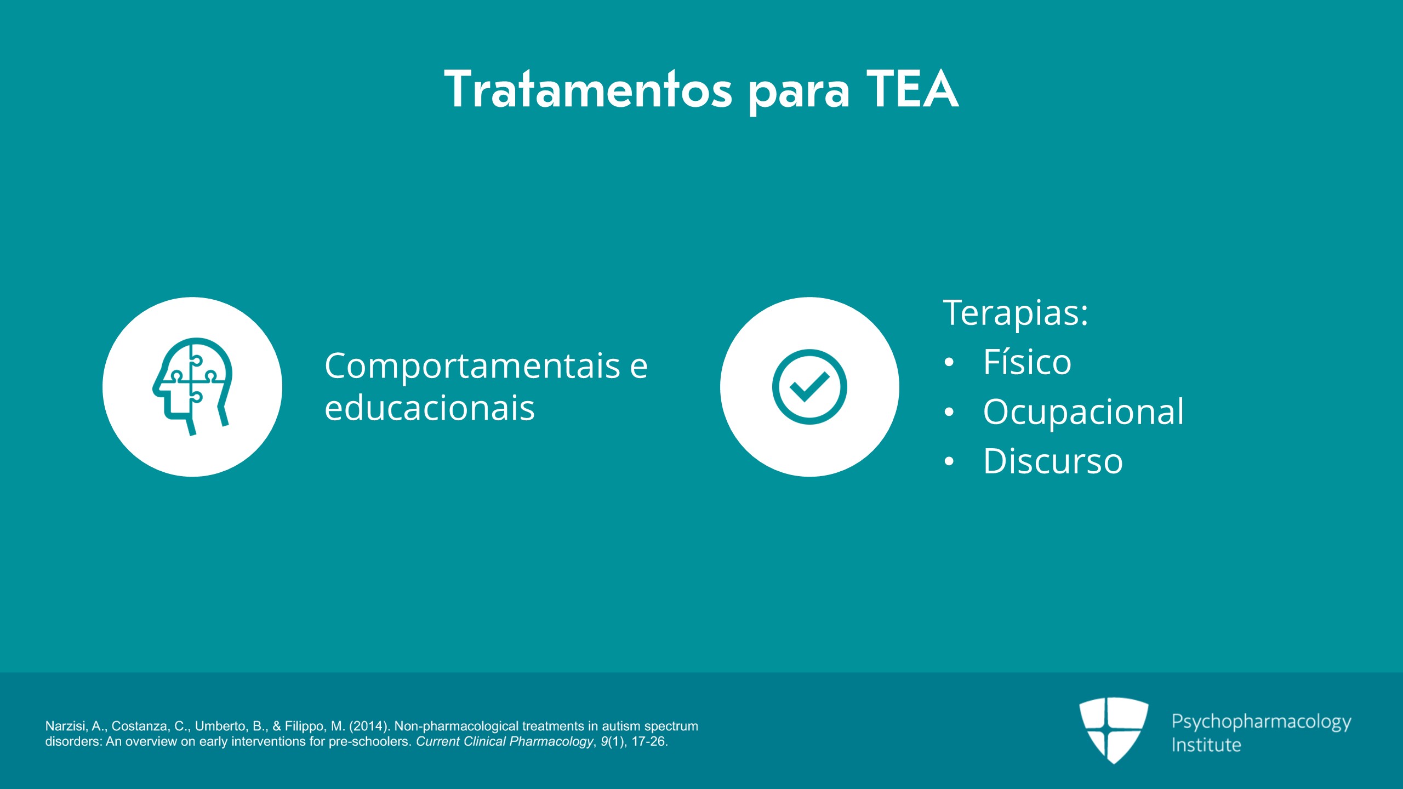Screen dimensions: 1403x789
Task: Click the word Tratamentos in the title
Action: click(x=588, y=89)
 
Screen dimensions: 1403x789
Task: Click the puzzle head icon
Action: click(x=192, y=386)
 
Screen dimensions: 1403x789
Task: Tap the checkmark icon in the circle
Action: click(x=809, y=386)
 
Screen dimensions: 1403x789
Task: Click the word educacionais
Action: click(x=430, y=408)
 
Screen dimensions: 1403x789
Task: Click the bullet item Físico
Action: click(x=1027, y=362)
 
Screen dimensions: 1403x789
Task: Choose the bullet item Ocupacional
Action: click(x=1083, y=411)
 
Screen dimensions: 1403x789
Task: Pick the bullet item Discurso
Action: click(x=1053, y=461)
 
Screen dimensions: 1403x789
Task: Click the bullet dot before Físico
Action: click(x=949, y=363)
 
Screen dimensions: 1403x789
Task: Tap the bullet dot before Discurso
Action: click(x=949, y=461)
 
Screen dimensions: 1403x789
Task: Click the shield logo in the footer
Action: click(x=1114, y=729)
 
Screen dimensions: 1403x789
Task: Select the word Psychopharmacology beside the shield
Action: click(x=1262, y=722)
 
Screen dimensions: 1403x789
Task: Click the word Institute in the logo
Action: click(x=1206, y=745)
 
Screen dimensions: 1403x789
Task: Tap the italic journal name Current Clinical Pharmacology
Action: click(x=504, y=741)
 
